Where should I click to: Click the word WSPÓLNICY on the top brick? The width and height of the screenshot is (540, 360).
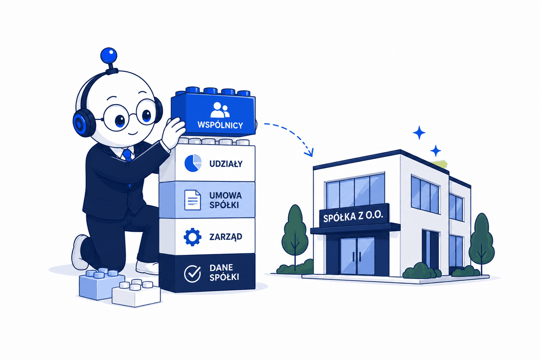pyautogui.click(x=220, y=125)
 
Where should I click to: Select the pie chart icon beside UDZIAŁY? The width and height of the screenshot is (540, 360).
pyautogui.click(x=193, y=163)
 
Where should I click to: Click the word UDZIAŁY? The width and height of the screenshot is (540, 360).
pyautogui.click(x=226, y=164)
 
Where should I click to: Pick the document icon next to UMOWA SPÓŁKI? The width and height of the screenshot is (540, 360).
pyautogui.click(x=192, y=200)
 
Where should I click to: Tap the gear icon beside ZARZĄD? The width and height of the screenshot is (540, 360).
pyautogui.click(x=192, y=237)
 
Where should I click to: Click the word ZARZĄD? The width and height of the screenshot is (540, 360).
pyautogui.click(x=225, y=237)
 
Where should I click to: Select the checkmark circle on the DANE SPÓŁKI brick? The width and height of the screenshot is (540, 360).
pyautogui.click(x=192, y=274)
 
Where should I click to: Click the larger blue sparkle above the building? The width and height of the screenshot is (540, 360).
pyautogui.click(x=419, y=133)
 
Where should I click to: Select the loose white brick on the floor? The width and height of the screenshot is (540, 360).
pyautogui.click(x=136, y=293)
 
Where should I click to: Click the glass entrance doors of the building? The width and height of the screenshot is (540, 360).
pyautogui.click(x=357, y=256)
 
